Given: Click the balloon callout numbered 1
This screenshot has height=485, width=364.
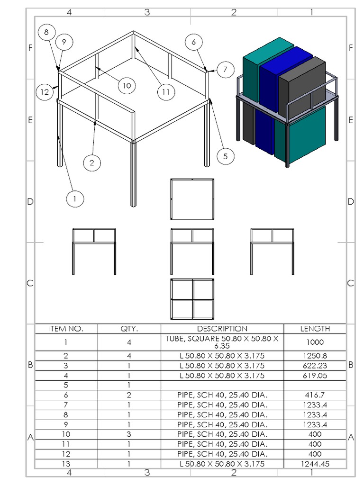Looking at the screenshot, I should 74,199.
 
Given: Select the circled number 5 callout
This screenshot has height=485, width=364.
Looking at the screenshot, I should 225,156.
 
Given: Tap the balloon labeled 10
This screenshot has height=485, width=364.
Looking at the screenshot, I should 127,85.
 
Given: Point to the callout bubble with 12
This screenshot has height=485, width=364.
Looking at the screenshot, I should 45,92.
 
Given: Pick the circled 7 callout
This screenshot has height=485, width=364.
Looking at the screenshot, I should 225,70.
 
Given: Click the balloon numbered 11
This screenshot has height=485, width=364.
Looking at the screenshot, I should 165,92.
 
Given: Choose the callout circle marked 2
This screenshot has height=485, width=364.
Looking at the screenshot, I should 92,163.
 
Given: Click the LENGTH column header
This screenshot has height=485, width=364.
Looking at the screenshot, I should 315,329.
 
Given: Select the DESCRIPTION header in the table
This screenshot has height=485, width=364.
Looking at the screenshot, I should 222,329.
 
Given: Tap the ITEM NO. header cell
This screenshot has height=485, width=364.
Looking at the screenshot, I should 66,329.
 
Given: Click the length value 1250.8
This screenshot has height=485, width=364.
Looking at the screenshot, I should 315,356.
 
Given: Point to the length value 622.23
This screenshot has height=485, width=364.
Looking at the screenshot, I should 315,366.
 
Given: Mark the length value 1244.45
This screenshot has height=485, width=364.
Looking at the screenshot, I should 315,464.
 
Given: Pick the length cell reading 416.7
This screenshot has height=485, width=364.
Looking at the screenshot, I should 315,395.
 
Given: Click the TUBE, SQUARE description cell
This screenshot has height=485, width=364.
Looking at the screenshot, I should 222,342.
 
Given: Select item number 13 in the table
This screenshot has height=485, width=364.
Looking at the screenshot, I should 66,464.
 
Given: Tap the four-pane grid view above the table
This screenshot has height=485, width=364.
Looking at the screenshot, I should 192,299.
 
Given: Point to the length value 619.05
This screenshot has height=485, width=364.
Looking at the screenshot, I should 315,376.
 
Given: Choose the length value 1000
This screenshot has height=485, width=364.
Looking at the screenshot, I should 315,342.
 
